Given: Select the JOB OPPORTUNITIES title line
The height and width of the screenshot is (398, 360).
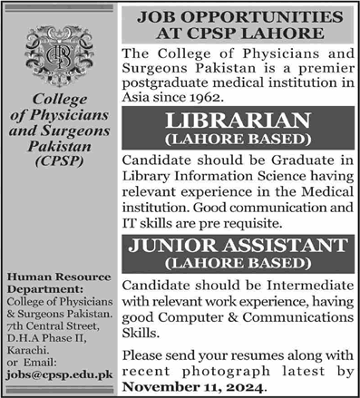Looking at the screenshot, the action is (x=239, y=16).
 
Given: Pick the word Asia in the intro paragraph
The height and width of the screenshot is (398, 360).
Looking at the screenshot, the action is (x=135, y=99).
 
